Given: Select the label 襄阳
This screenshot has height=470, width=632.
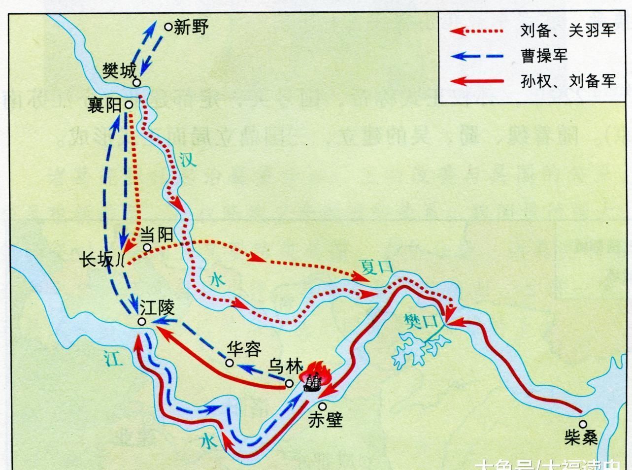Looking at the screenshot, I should (x=103, y=105).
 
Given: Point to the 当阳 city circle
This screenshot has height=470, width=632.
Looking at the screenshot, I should (x=146, y=247).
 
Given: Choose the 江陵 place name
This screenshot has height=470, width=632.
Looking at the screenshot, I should (x=157, y=308).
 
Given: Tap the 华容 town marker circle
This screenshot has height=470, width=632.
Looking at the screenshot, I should (x=229, y=363).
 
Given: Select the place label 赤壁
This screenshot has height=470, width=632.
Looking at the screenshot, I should (x=325, y=420).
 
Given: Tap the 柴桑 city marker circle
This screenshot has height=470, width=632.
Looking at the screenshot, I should (x=583, y=424).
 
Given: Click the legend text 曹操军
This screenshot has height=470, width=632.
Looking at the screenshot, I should (x=544, y=55).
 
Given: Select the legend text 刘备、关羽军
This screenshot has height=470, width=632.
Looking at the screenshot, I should (x=567, y=31).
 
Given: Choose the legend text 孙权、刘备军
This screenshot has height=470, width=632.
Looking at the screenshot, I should (x=567, y=80).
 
